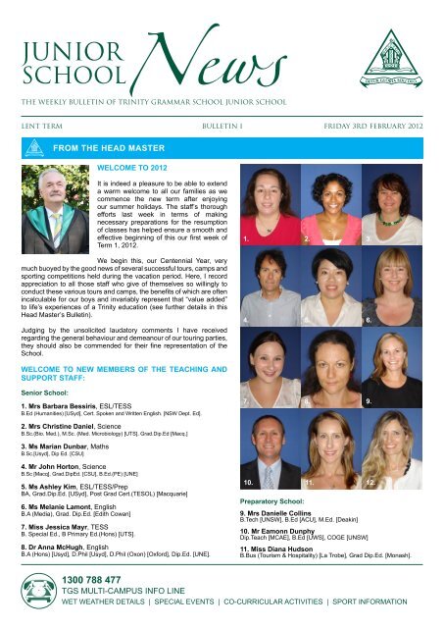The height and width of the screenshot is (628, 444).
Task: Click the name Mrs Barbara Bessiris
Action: [x=75, y=404]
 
